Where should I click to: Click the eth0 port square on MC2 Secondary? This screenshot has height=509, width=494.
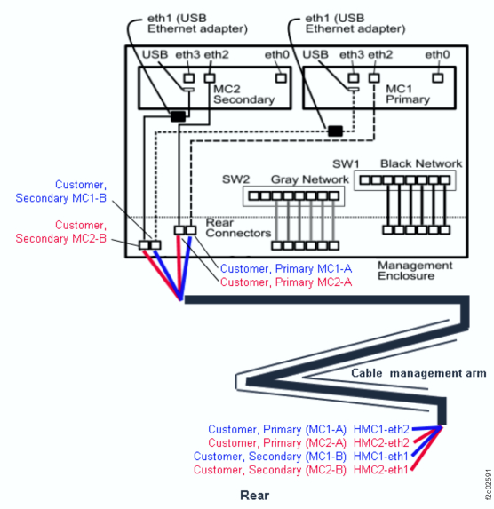click(x=281, y=77)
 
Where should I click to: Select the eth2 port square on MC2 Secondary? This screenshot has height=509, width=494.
click(x=211, y=77)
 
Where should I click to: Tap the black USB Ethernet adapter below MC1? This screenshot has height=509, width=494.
click(x=335, y=131)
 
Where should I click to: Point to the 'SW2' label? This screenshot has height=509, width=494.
click(x=236, y=179)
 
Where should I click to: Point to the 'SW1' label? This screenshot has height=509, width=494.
click(x=345, y=165)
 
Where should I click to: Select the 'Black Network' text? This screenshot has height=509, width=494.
click(x=420, y=163)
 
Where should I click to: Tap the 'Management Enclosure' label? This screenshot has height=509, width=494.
click(x=414, y=271)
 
